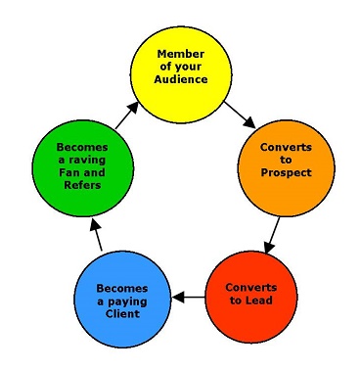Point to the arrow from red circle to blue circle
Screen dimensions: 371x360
pos(187,295)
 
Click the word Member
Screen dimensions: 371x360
pos(181,52)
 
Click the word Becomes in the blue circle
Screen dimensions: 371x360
pos(123,289)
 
